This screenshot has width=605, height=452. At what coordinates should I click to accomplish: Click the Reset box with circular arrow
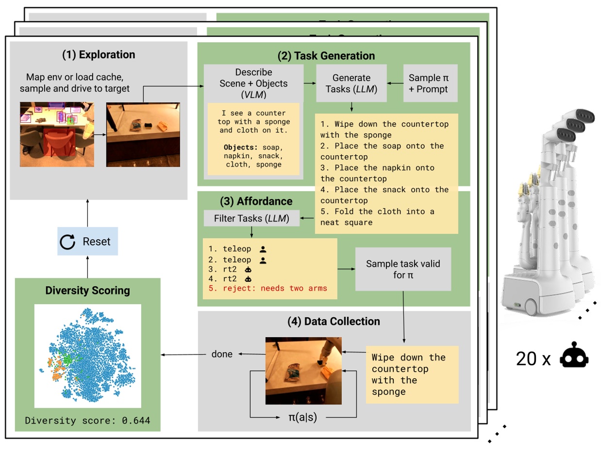88,241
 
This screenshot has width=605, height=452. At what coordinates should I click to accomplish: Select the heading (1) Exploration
99,54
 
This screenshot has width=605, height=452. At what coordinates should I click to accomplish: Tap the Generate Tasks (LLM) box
351,83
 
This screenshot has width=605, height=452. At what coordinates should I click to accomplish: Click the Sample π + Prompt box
430,83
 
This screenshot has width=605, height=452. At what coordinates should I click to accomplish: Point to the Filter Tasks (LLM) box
252,218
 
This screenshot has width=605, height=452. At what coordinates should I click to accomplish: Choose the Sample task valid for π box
403,269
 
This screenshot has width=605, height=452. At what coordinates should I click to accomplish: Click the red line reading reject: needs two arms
268,288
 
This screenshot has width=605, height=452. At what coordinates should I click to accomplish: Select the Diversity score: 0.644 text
88,420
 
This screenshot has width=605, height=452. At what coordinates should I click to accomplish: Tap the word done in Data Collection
222,354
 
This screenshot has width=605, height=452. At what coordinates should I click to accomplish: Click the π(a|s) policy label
302,417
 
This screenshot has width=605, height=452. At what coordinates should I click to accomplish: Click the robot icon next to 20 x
574,355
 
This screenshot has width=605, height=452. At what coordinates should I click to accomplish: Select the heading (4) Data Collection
334,321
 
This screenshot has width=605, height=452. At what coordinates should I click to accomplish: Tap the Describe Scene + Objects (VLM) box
253,83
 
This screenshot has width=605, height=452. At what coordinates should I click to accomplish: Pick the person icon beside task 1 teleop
263,249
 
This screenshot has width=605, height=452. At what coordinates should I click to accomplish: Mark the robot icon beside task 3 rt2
248,269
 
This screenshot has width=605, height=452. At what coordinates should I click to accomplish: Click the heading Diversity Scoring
88,291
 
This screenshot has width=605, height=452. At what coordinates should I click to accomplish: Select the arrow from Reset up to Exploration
88,213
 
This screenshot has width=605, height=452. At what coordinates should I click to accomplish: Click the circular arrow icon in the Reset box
67,242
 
